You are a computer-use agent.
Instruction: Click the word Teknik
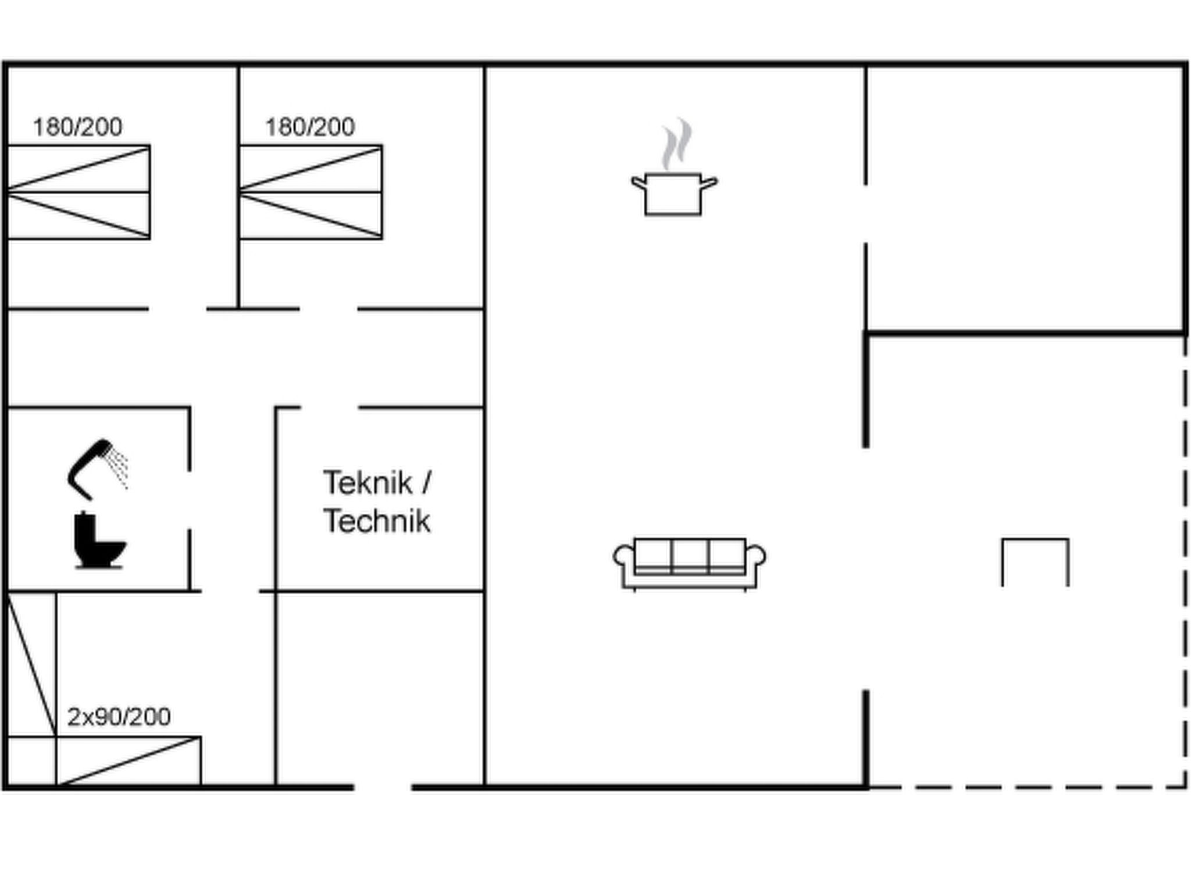pyautogui.click(x=368, y=483)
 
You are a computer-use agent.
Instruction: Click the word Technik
pyautogui.click(x=377, y=520)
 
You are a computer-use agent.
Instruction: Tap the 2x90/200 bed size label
pyautogui.click(x=119, y=717)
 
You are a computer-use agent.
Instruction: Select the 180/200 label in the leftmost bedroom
pyautogui.click(x=77, y=127)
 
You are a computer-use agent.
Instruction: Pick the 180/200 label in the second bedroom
pyautogui.click(x=310, y=127)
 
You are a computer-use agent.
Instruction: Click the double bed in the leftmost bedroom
pyautogui.click(x=79, y=192)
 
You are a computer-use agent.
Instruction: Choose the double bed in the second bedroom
pyautogui.click(x=311, y=192)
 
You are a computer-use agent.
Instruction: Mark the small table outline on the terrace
pyautogui.click(x=1035, y=540)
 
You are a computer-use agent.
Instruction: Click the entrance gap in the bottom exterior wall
pyautogui.click(x=383, y=787)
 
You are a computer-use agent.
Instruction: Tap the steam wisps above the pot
pyautogui.click(x=676, y=144)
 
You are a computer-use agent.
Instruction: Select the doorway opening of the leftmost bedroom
pyautogui.click(x=177, y=309)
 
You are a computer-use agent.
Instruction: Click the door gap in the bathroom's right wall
pyautogui.click(x=190, y=500)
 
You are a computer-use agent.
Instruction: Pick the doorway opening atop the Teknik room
pyautogui.click(x=330, y=408)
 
